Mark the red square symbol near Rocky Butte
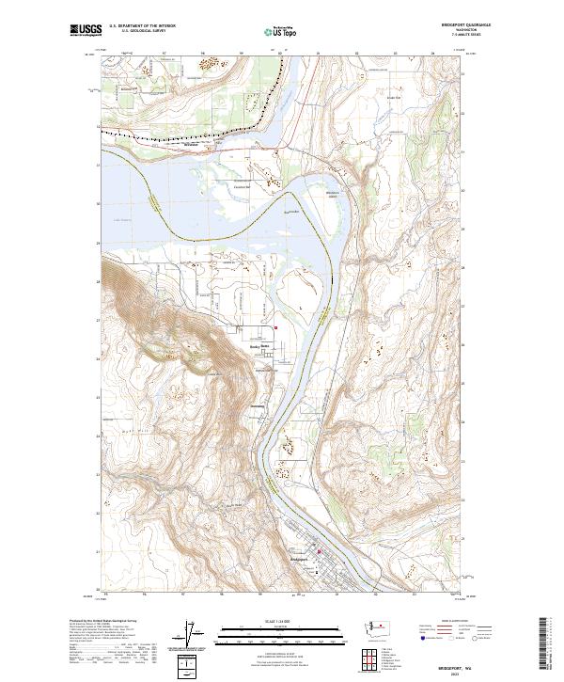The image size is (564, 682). [275, 327]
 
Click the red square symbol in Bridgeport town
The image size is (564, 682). [319, 551]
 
